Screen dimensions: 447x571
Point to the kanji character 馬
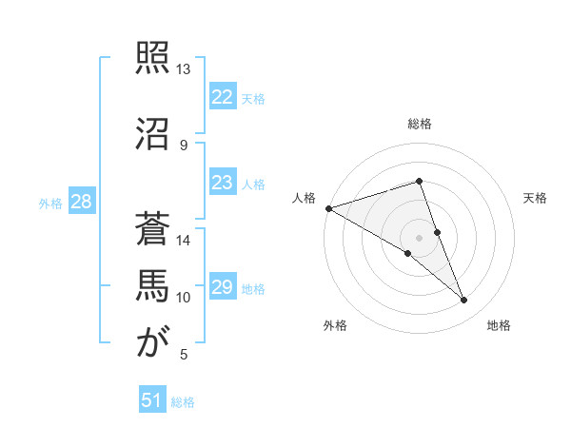pyautogui.click(x=152, y=286)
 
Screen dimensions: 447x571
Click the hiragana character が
pyautogui.click(x=152, y=343)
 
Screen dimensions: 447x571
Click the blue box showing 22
pyautogui.click(x=222, y=97)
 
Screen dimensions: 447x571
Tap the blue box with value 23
pyautogui.click(x=222, y=183)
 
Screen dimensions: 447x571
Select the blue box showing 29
pyautogui.click(x=222, y=287)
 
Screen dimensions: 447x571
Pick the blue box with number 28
pyautogui.click(x=81, y=202)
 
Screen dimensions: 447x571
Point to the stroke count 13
pyautogui.click(x=184, y=69)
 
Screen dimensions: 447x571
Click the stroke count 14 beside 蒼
pyautogui.click(x=184, y=242)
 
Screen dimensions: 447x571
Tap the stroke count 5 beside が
pyautogui.click(x=184, y=356)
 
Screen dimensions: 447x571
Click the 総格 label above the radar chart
pyautogui.click(x=419, y=124)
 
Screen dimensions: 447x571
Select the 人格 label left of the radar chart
pyautogui.click(x=305, y=198)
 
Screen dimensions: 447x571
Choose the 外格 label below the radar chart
pyautogui.click(x=335, y=325)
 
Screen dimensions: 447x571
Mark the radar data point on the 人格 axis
pyautogui.click(x=328, y=207)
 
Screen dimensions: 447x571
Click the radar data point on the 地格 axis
pyautogui.click(x=464, y=300)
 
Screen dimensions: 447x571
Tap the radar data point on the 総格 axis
pyautogui.click(x=419, y=181)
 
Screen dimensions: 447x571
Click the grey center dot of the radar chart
pyautogui.click(x=419, y=237)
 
